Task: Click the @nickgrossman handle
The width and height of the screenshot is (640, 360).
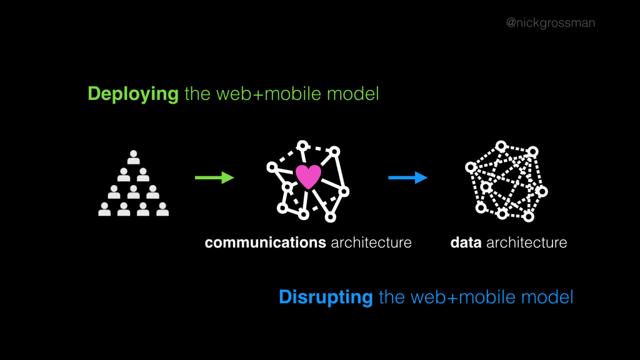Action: (x=550, y=23)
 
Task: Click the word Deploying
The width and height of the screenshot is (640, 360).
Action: (x=133, y=94)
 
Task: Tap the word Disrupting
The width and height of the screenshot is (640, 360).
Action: (x=326, y=297)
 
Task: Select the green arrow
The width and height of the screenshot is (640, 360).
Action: (x=214, y=178)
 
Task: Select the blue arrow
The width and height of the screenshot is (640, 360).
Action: (x=407, y=178)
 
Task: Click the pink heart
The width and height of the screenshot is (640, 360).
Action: (x=307, y=177)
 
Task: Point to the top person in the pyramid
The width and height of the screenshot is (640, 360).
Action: (x=133, y=157)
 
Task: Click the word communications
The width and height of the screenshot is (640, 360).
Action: (x=265, y=242)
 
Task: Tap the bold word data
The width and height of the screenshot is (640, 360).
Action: (x=466, y=242)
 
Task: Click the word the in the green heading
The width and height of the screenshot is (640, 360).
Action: (x=198, y=94)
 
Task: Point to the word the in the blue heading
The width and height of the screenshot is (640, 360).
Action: (x=392, y=297)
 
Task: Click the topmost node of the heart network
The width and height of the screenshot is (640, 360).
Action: (x=303, y=146)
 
